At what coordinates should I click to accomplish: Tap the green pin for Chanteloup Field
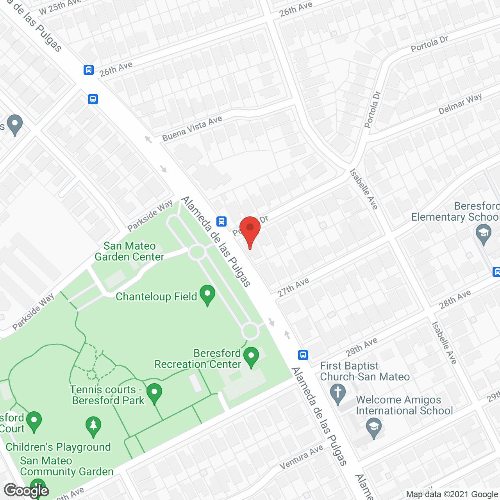[207, 295]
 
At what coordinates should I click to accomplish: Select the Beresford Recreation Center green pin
[251, 357]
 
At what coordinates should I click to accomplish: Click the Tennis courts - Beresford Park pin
[154, 393]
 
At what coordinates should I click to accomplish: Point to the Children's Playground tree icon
[93, 427]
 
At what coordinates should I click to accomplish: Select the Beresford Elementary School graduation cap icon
[484, 234]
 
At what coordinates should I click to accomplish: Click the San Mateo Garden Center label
[129, 251]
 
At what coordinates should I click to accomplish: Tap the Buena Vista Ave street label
[192, 129]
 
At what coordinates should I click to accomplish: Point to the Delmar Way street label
[460, 104]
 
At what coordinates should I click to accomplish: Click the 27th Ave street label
[293, 287]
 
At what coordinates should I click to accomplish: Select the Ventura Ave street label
[302, 457]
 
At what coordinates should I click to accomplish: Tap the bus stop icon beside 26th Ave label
[89, 70]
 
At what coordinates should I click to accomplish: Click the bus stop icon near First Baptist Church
[303, 355]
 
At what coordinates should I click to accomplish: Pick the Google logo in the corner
[27, 491]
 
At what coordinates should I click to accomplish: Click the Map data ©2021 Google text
[452, 495]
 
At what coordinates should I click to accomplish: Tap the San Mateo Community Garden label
[67, 466]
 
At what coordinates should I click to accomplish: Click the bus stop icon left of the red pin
[221, 221]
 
